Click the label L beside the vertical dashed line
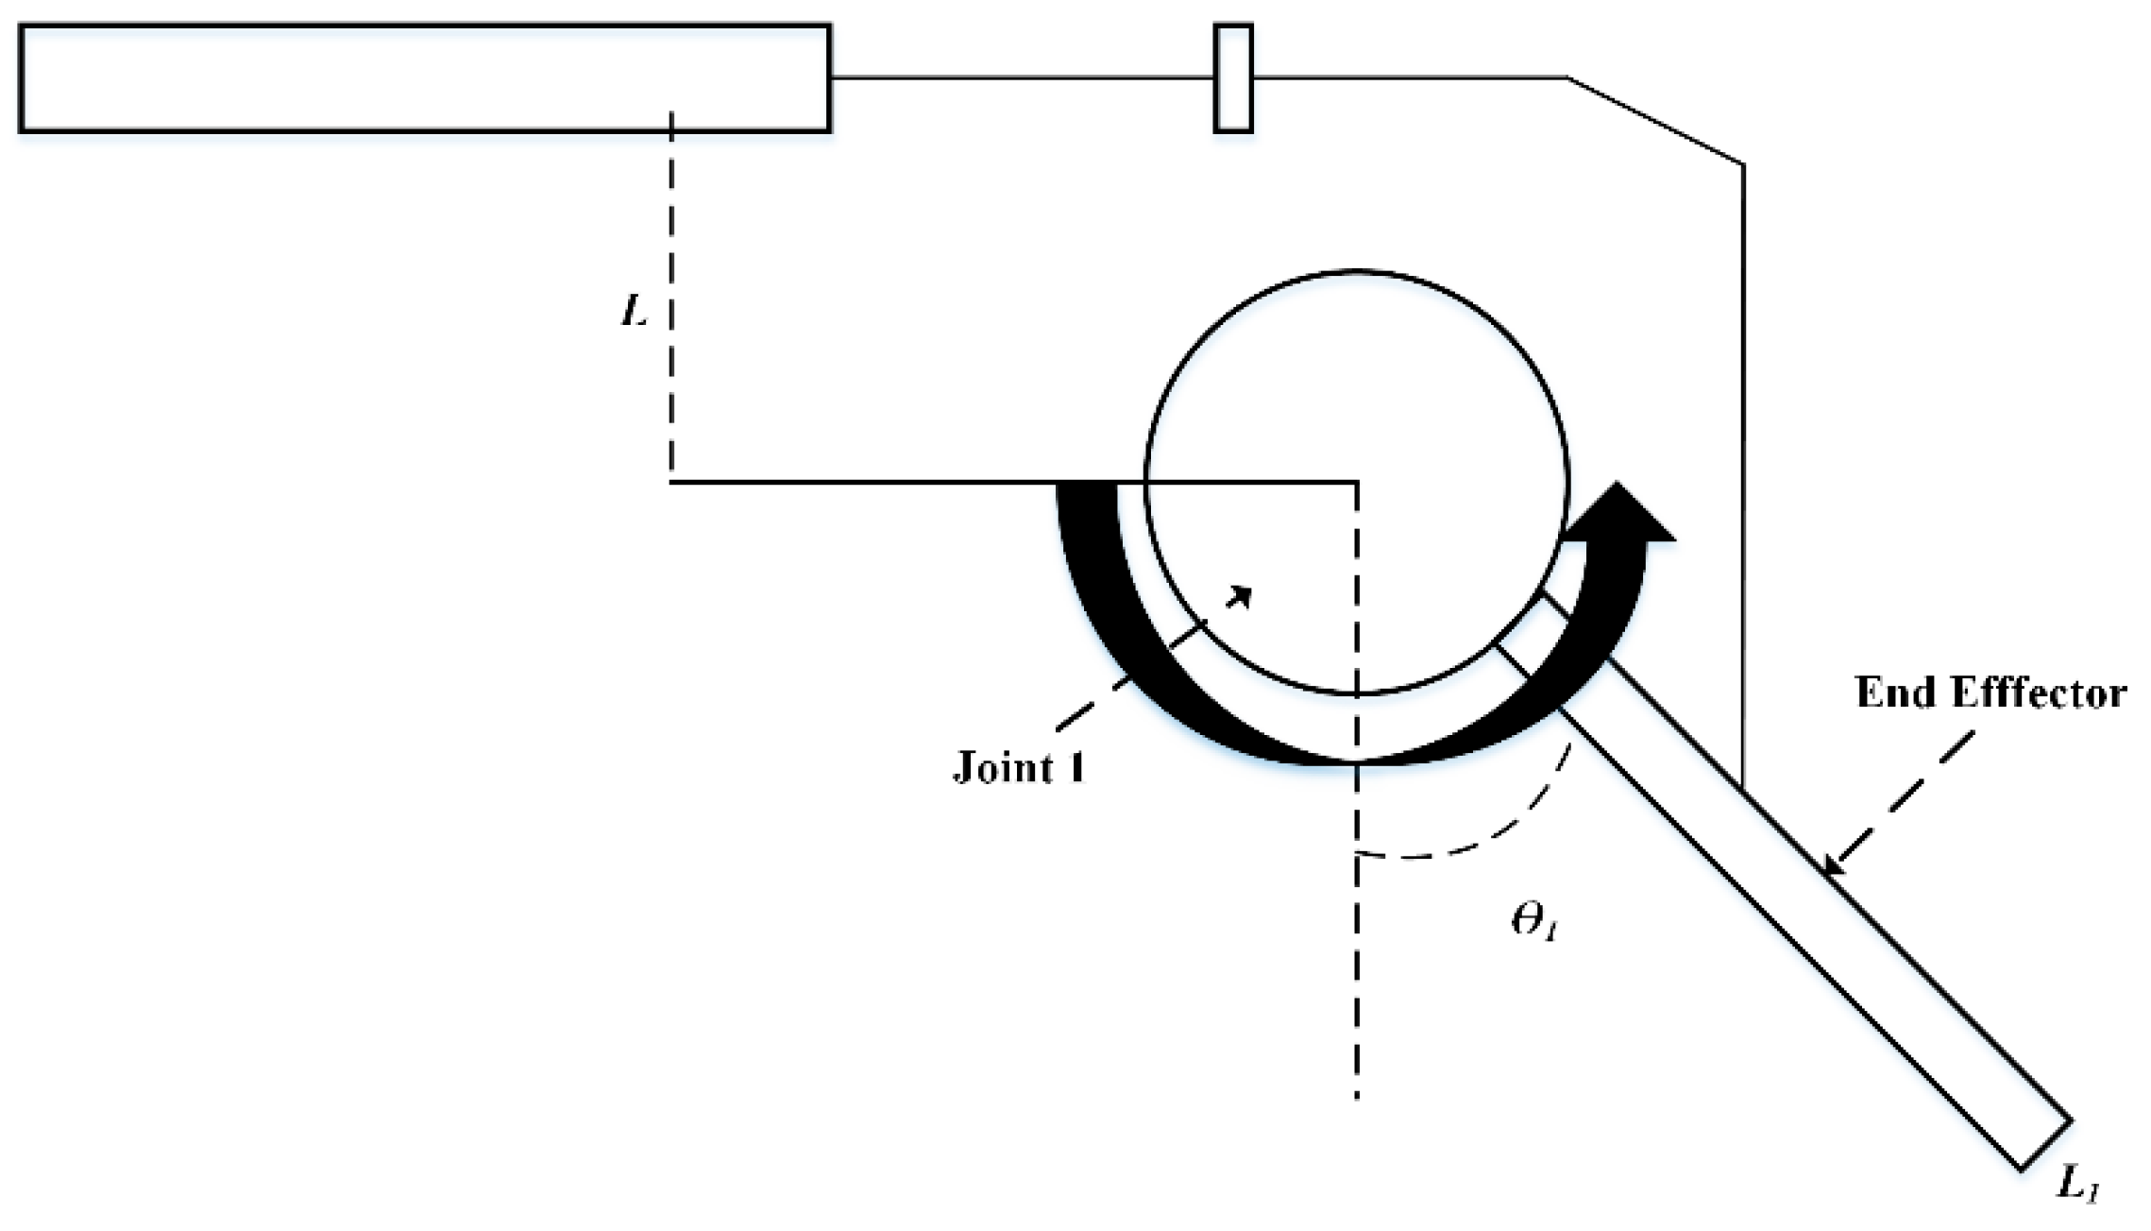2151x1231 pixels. (635, 311)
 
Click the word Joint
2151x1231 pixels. (1001, 766)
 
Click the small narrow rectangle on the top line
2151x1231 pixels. (1233, 77)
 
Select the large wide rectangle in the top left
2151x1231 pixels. (425, 77)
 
